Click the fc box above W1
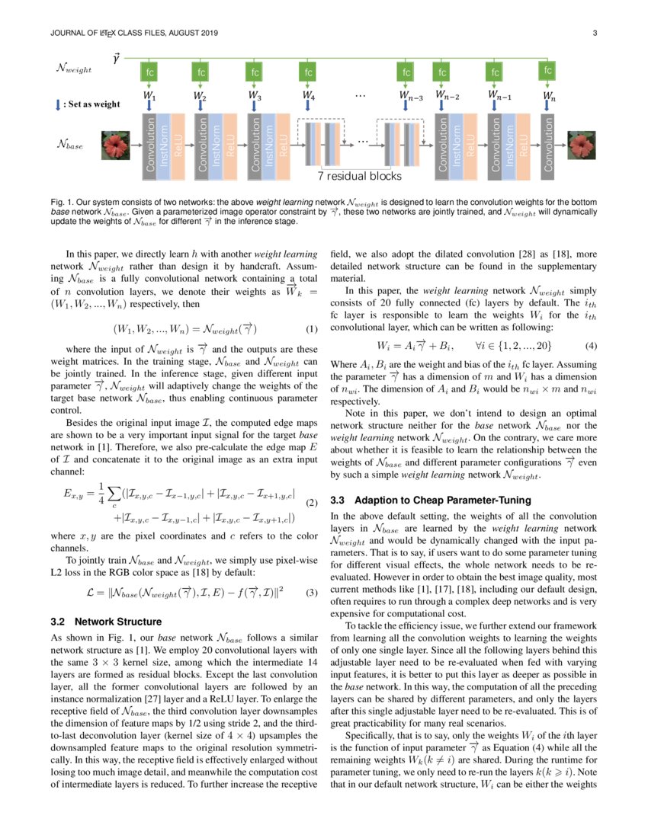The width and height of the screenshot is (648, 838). point(149,73)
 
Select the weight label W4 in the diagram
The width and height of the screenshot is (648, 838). point(307,97)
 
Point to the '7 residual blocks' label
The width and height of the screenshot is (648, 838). point(359,176)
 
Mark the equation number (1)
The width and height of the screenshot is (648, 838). point(310,330)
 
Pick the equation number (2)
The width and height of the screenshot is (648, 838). point(310,504)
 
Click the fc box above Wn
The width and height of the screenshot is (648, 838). point(547,71)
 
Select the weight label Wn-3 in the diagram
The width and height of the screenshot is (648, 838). point(411,97)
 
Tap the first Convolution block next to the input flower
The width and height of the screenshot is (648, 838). point(149,142)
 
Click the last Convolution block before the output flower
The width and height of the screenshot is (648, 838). point(547,142)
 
